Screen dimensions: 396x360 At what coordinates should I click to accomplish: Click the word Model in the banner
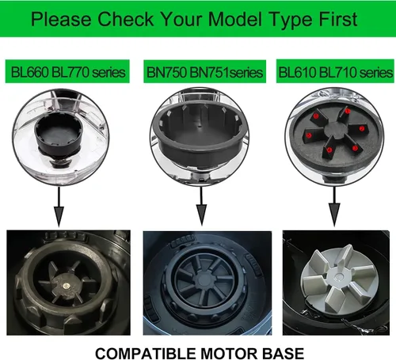point(235,19)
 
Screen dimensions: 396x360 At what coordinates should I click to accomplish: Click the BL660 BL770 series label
point(67,72)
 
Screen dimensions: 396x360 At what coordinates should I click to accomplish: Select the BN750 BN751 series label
point(204,72)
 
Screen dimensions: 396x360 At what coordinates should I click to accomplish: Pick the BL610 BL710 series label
point(335,72)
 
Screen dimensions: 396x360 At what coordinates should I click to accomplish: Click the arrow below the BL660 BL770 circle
point(59,207)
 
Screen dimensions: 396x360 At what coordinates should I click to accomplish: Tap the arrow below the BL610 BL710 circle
point(334,207)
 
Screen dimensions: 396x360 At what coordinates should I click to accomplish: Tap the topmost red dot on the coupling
point(348,111)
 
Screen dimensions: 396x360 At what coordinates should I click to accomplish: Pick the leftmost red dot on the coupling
point(309,135)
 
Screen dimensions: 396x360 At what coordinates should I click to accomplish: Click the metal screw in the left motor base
point(67,286)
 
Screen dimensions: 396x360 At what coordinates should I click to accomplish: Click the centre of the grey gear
point(337,277)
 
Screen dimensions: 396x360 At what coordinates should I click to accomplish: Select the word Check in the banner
point(126,19)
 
